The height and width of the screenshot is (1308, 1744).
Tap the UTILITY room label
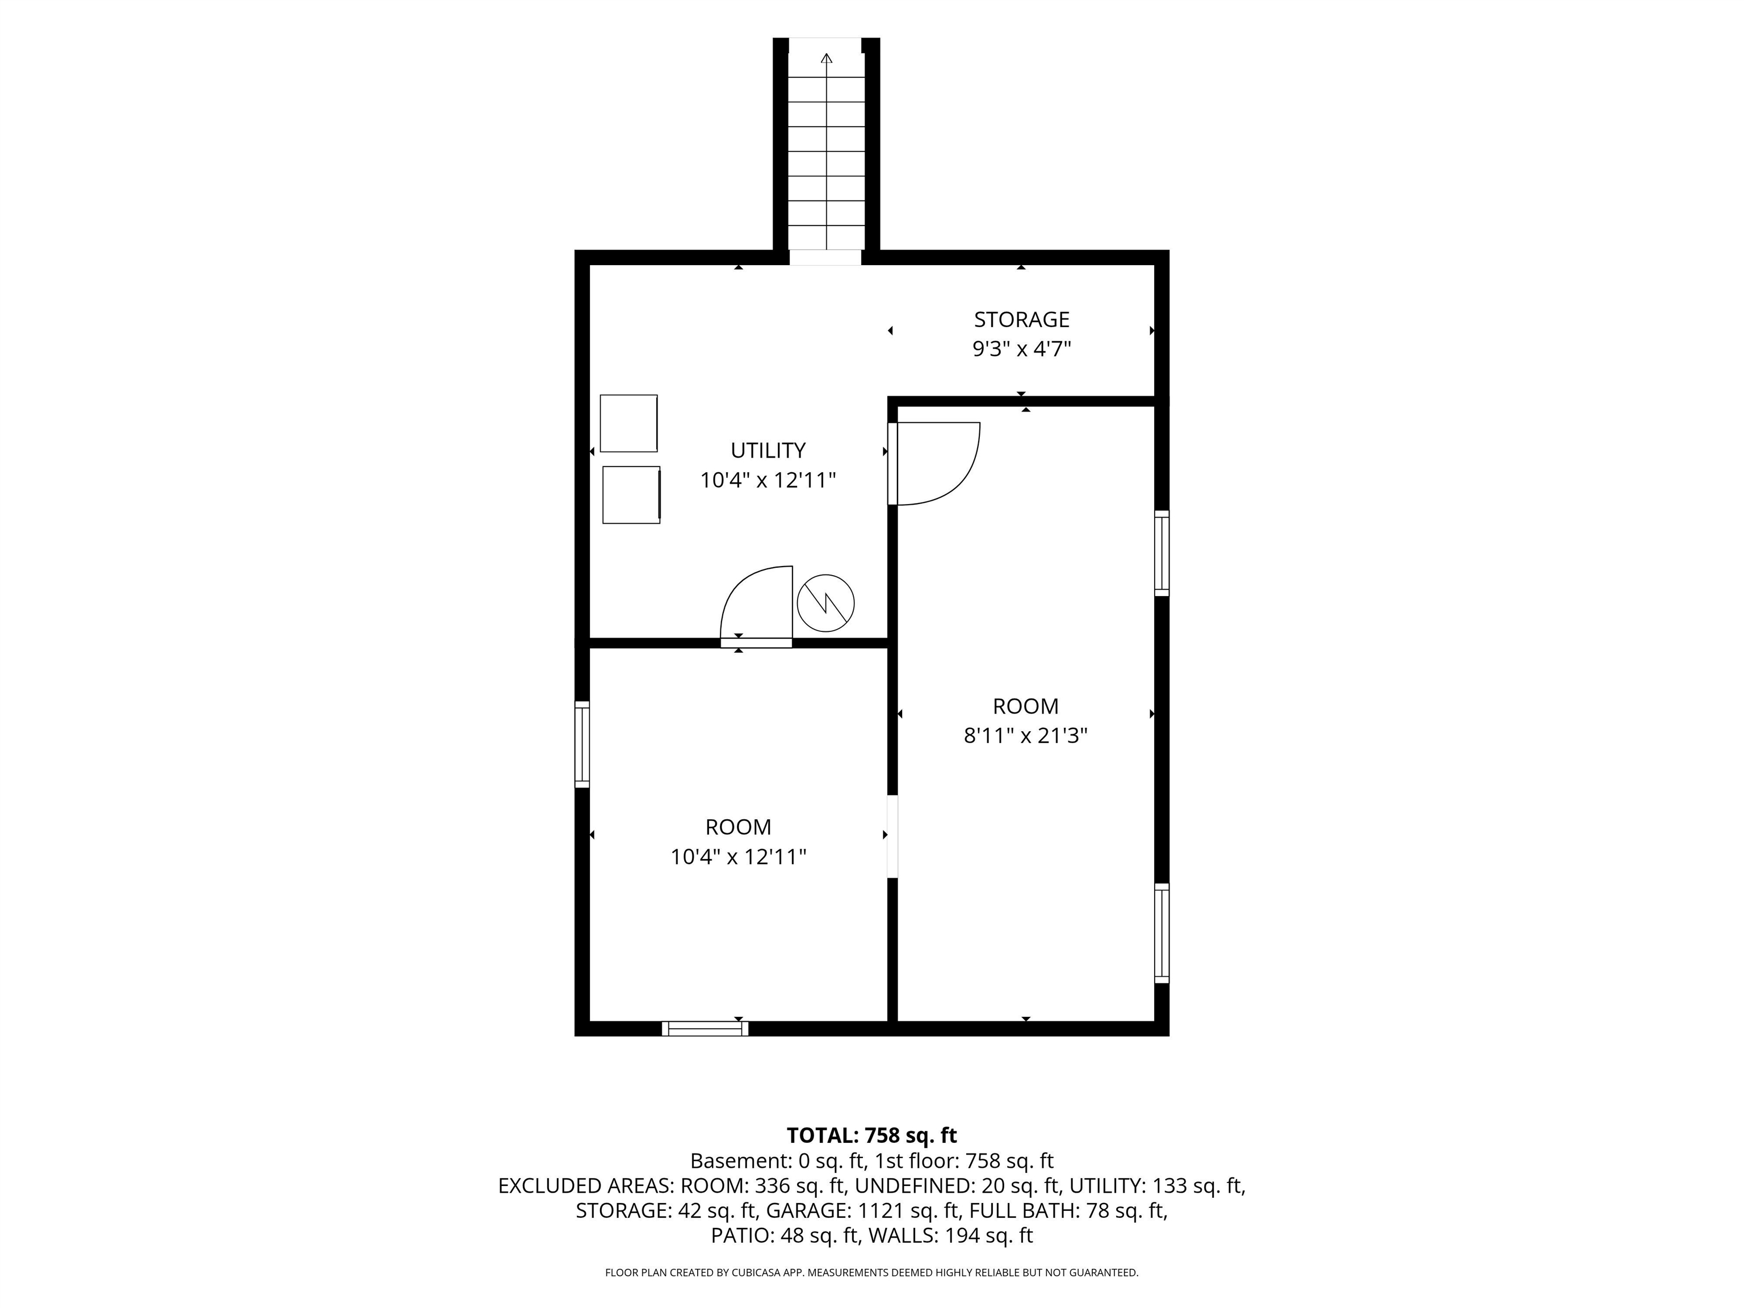768,450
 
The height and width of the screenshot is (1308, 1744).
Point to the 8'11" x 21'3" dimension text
1025,736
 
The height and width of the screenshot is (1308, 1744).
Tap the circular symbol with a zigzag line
825,602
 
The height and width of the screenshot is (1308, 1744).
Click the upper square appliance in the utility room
628,424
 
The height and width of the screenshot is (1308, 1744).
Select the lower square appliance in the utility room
631,494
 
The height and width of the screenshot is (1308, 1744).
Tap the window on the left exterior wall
582,744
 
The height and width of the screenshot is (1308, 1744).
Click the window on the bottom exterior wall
705,1028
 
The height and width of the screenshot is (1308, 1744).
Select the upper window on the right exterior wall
1162,553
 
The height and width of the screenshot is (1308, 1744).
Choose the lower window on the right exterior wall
1162,933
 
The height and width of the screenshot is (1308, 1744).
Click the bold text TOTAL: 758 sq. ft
871,1135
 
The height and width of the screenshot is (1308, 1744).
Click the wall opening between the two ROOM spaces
892,837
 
